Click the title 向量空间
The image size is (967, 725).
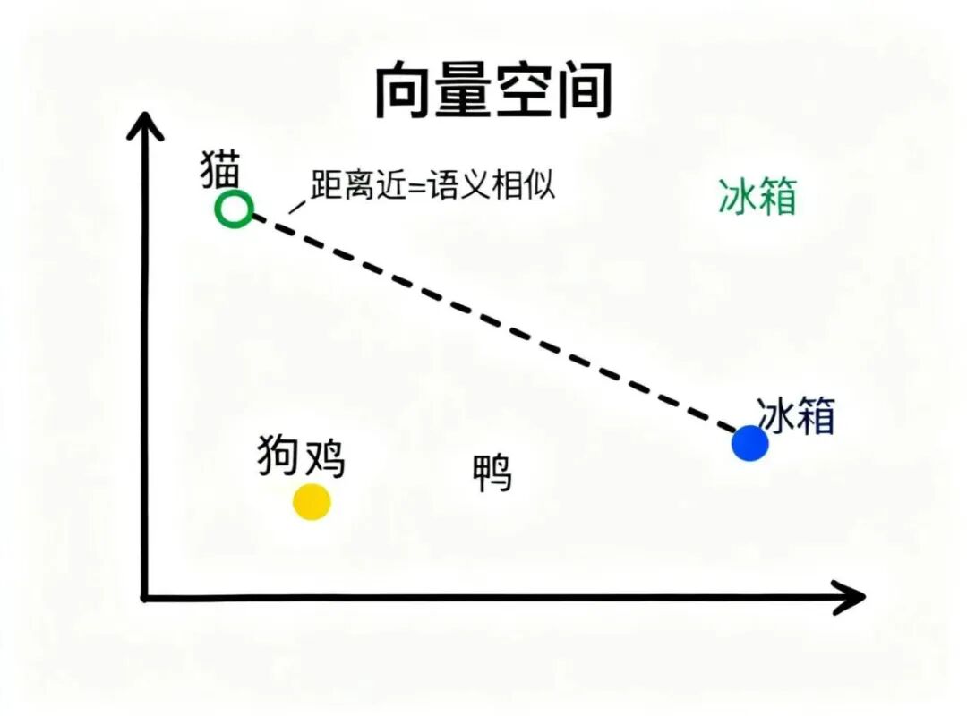pyautogui.click(x=492, y=90)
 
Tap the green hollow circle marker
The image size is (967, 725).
pyautogui.click(x=235, y=209)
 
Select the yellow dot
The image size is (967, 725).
pyautogui.click(x=312, y=502)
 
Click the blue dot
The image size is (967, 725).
pyautogui.click(x=749, y=443)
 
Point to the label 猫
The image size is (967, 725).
pyautogui.click(x=220, y=170)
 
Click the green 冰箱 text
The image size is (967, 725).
pyautogui.click(x=757, y=196)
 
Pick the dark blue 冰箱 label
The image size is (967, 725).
pyautogui.click(x=796, y=416)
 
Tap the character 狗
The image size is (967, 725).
pyautogui.click(x=278, y=456)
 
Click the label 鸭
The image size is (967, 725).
pyautogui.click(x=493, y=473)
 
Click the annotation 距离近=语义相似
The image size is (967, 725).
pyautogui.click(x=433, y=185)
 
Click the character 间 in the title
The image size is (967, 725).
pyautogui.click(x=583, y=90)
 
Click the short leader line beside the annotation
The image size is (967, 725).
pyautogui.click(x=296, y=205)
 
